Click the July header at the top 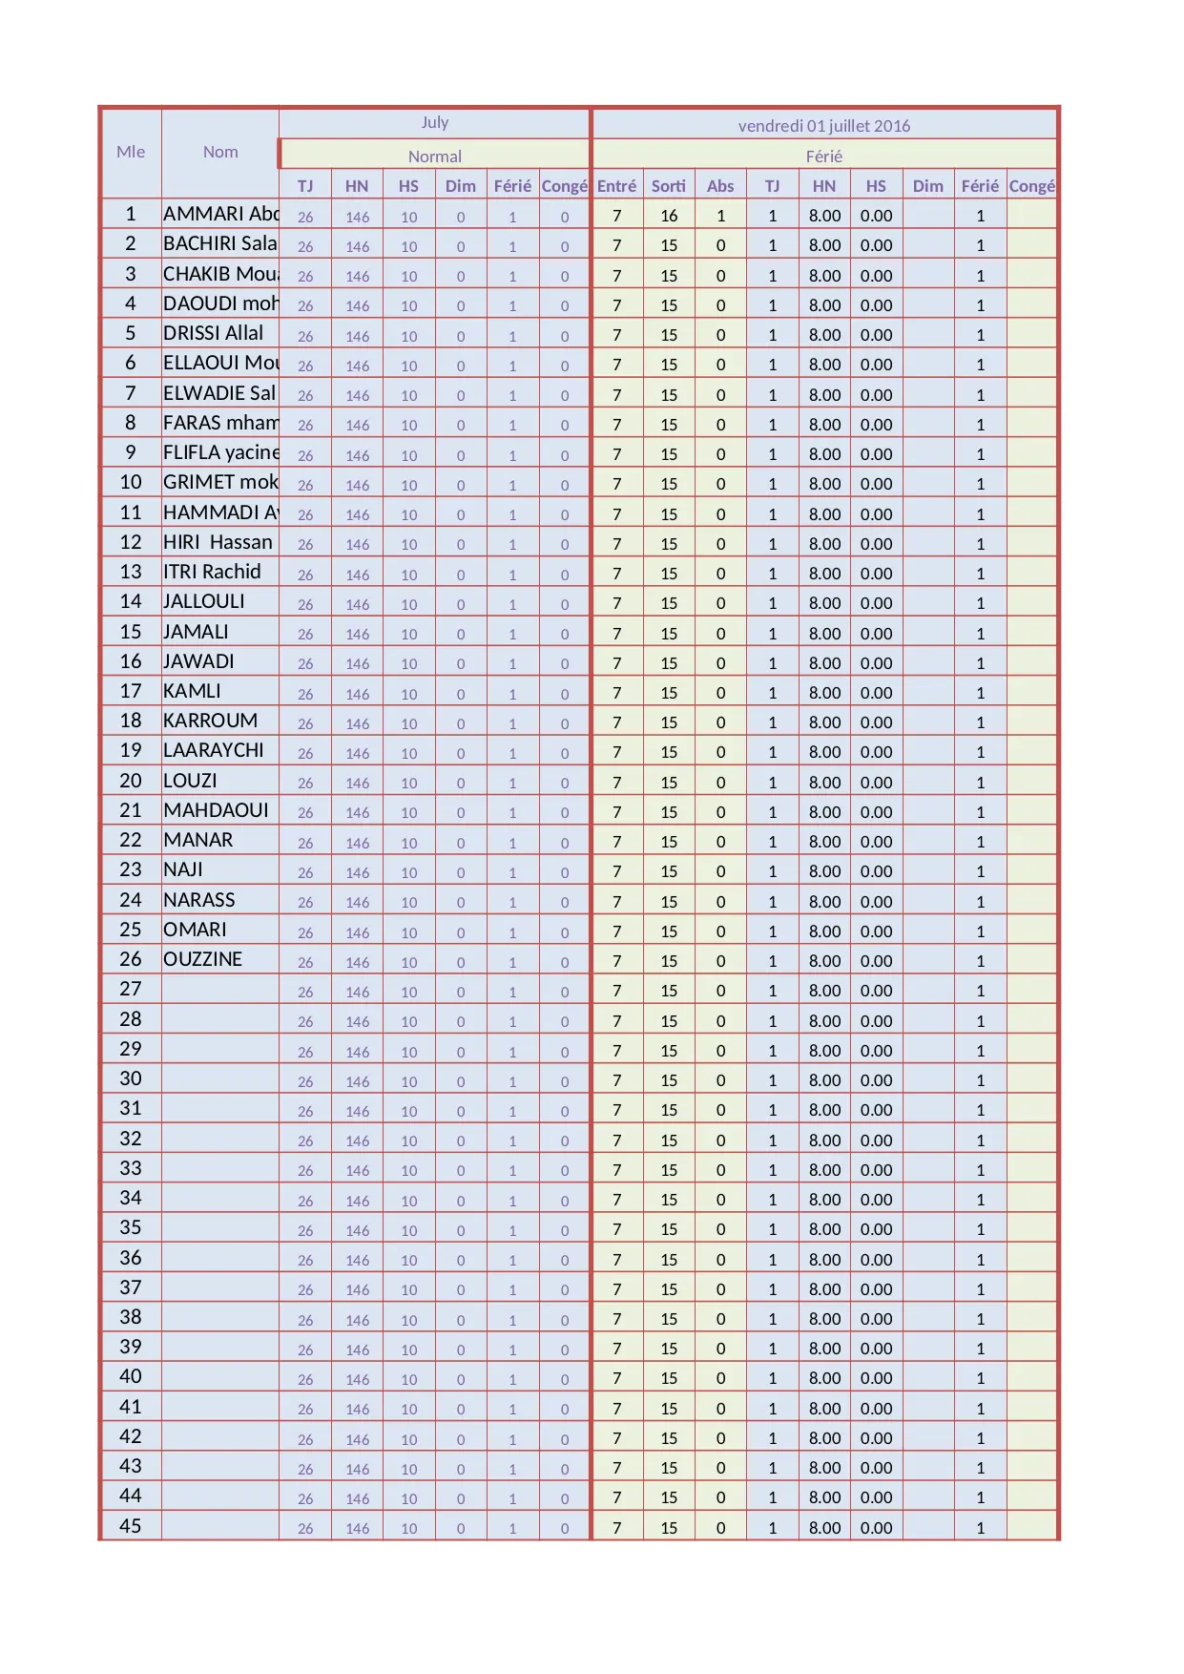point(434,122)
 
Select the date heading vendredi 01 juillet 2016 point(823,125)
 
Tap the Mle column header point(131,152)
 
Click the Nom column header point(220,152)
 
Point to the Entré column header point(616,186)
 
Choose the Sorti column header point(668,186)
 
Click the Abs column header point(720,186)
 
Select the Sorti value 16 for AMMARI point(669,216)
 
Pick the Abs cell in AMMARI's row point(720,216)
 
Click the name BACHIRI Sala point(219,243)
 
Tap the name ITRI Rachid point(212,572)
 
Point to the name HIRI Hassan point(218,542)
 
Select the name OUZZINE point(202,959)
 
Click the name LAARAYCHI point(213,750)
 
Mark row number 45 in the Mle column point(131,1526)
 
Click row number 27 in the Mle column point(131,989)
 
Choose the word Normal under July point(434,156)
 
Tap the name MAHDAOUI point(216,810)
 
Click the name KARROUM point(210,721)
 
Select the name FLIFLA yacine point(220,452)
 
